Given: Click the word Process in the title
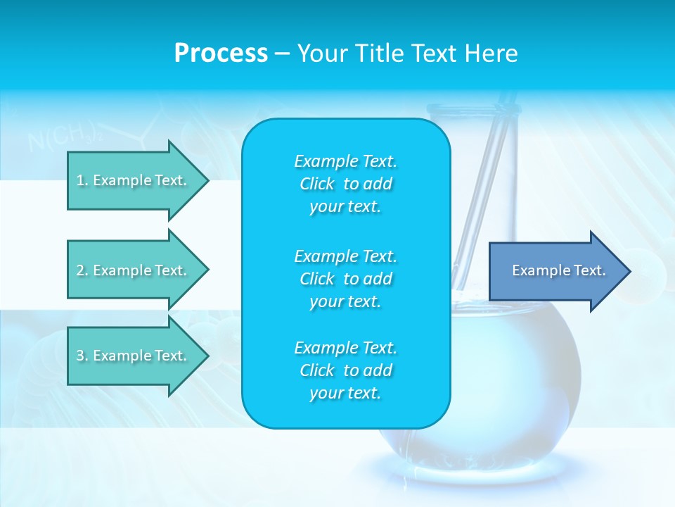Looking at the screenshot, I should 221,54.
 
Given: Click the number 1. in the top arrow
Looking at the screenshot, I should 82,180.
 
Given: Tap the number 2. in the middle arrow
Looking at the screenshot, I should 82,270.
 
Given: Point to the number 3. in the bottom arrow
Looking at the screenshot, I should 82,356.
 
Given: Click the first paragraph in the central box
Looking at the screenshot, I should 345,184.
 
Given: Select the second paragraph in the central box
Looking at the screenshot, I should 345,279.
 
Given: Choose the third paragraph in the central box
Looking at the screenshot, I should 345,370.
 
